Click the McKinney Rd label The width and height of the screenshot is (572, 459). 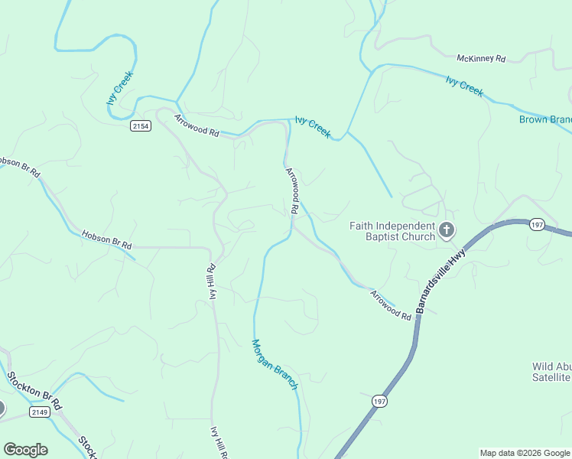click(x=481, y=58)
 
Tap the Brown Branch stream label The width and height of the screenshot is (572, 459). click(x=545, y=119)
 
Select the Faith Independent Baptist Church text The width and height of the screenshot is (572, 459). click(x=392, y=231)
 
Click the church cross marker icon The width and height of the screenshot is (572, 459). click(x=447, y=229)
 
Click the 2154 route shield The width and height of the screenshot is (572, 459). click(x=140, y=126)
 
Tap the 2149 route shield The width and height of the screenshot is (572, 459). click(x=40, y=412)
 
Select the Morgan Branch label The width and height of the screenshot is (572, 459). click(x=275, y=365)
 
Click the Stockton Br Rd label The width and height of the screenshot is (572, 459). click(x=34, y=390)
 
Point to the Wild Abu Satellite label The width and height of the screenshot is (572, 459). click(x=551, y=372)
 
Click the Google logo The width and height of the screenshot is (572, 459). click(x=25, y=450)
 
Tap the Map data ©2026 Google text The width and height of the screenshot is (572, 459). click(x=525, y=453)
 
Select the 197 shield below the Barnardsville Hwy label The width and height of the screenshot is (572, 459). click(x=380, y=401)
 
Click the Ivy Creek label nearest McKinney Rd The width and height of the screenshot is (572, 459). click(x=464, y=86)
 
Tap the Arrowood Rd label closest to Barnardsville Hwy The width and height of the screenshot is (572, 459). click(x=391, y=304)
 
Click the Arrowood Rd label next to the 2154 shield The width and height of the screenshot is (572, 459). click(x=197, y=126)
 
